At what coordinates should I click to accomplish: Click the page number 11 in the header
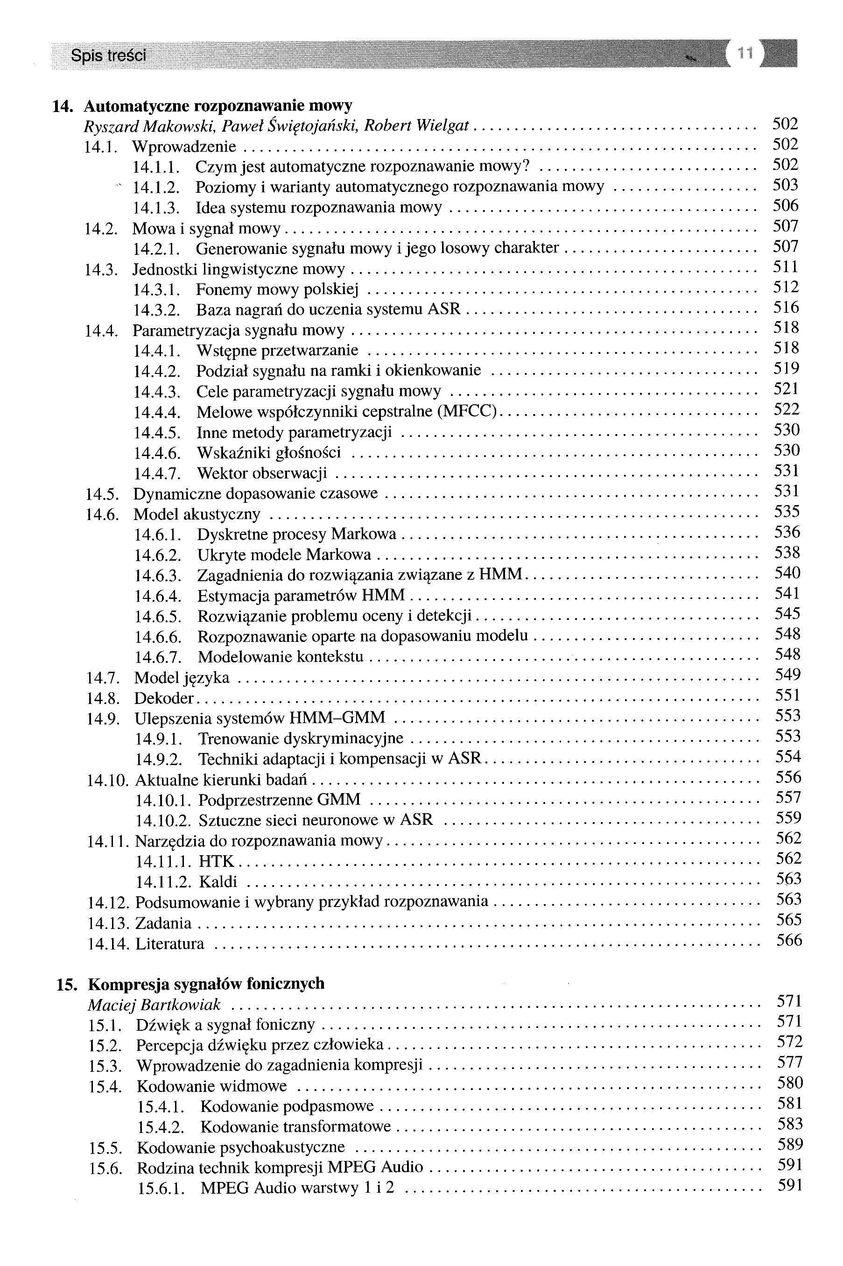tap(745, 53)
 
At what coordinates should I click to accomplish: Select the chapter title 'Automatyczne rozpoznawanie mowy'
tap(218, 105)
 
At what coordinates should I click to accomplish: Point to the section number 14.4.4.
tap(157, 412)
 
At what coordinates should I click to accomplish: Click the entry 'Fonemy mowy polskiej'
tap(277, 290)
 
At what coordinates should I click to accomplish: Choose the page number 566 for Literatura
tap(789, 940)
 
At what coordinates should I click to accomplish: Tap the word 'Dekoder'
tap(163, 698)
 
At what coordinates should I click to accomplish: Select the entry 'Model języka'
tap(182, 678)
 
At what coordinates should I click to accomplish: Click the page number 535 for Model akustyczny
tap(787, 511)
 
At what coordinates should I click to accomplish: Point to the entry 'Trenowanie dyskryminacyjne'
tap(301, 738)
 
